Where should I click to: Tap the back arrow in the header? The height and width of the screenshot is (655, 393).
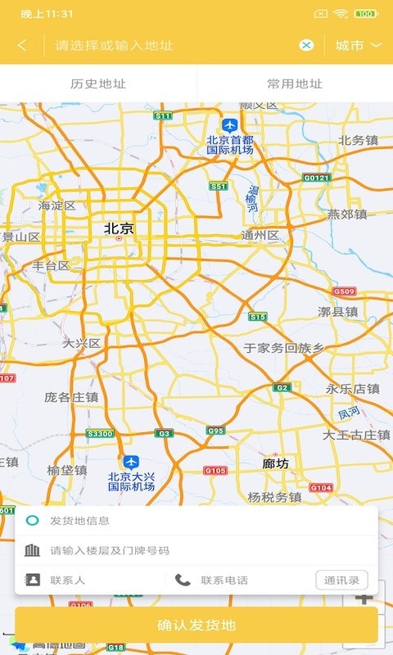point(22,45)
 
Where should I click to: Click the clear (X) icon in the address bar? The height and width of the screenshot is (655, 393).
point(306,45)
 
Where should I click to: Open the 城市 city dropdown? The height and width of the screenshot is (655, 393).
point(359,45)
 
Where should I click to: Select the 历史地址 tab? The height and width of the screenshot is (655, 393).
point(98,84)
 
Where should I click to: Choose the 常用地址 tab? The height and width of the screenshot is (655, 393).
point(295,84)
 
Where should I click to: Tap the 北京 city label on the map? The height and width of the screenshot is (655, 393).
point(119,229)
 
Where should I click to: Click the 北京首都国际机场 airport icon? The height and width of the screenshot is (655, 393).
point(230,125)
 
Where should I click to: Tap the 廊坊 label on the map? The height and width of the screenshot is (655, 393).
point(276,463)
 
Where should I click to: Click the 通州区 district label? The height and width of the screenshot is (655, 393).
point(260,236)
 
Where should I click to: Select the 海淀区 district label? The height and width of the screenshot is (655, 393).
point(57,206)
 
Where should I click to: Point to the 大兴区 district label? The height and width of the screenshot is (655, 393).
point(82,344)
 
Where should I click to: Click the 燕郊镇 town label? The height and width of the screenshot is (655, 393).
point(347,215)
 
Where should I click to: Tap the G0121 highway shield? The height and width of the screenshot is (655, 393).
point(316,178)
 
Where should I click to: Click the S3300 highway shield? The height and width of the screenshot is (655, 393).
point(99,433)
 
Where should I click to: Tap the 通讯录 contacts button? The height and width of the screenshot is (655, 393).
point(341,580)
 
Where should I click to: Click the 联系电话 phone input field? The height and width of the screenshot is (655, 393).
point(237,580)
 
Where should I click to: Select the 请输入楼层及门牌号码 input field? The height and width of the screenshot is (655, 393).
point(196,550)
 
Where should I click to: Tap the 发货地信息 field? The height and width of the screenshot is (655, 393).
point(196,521)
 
